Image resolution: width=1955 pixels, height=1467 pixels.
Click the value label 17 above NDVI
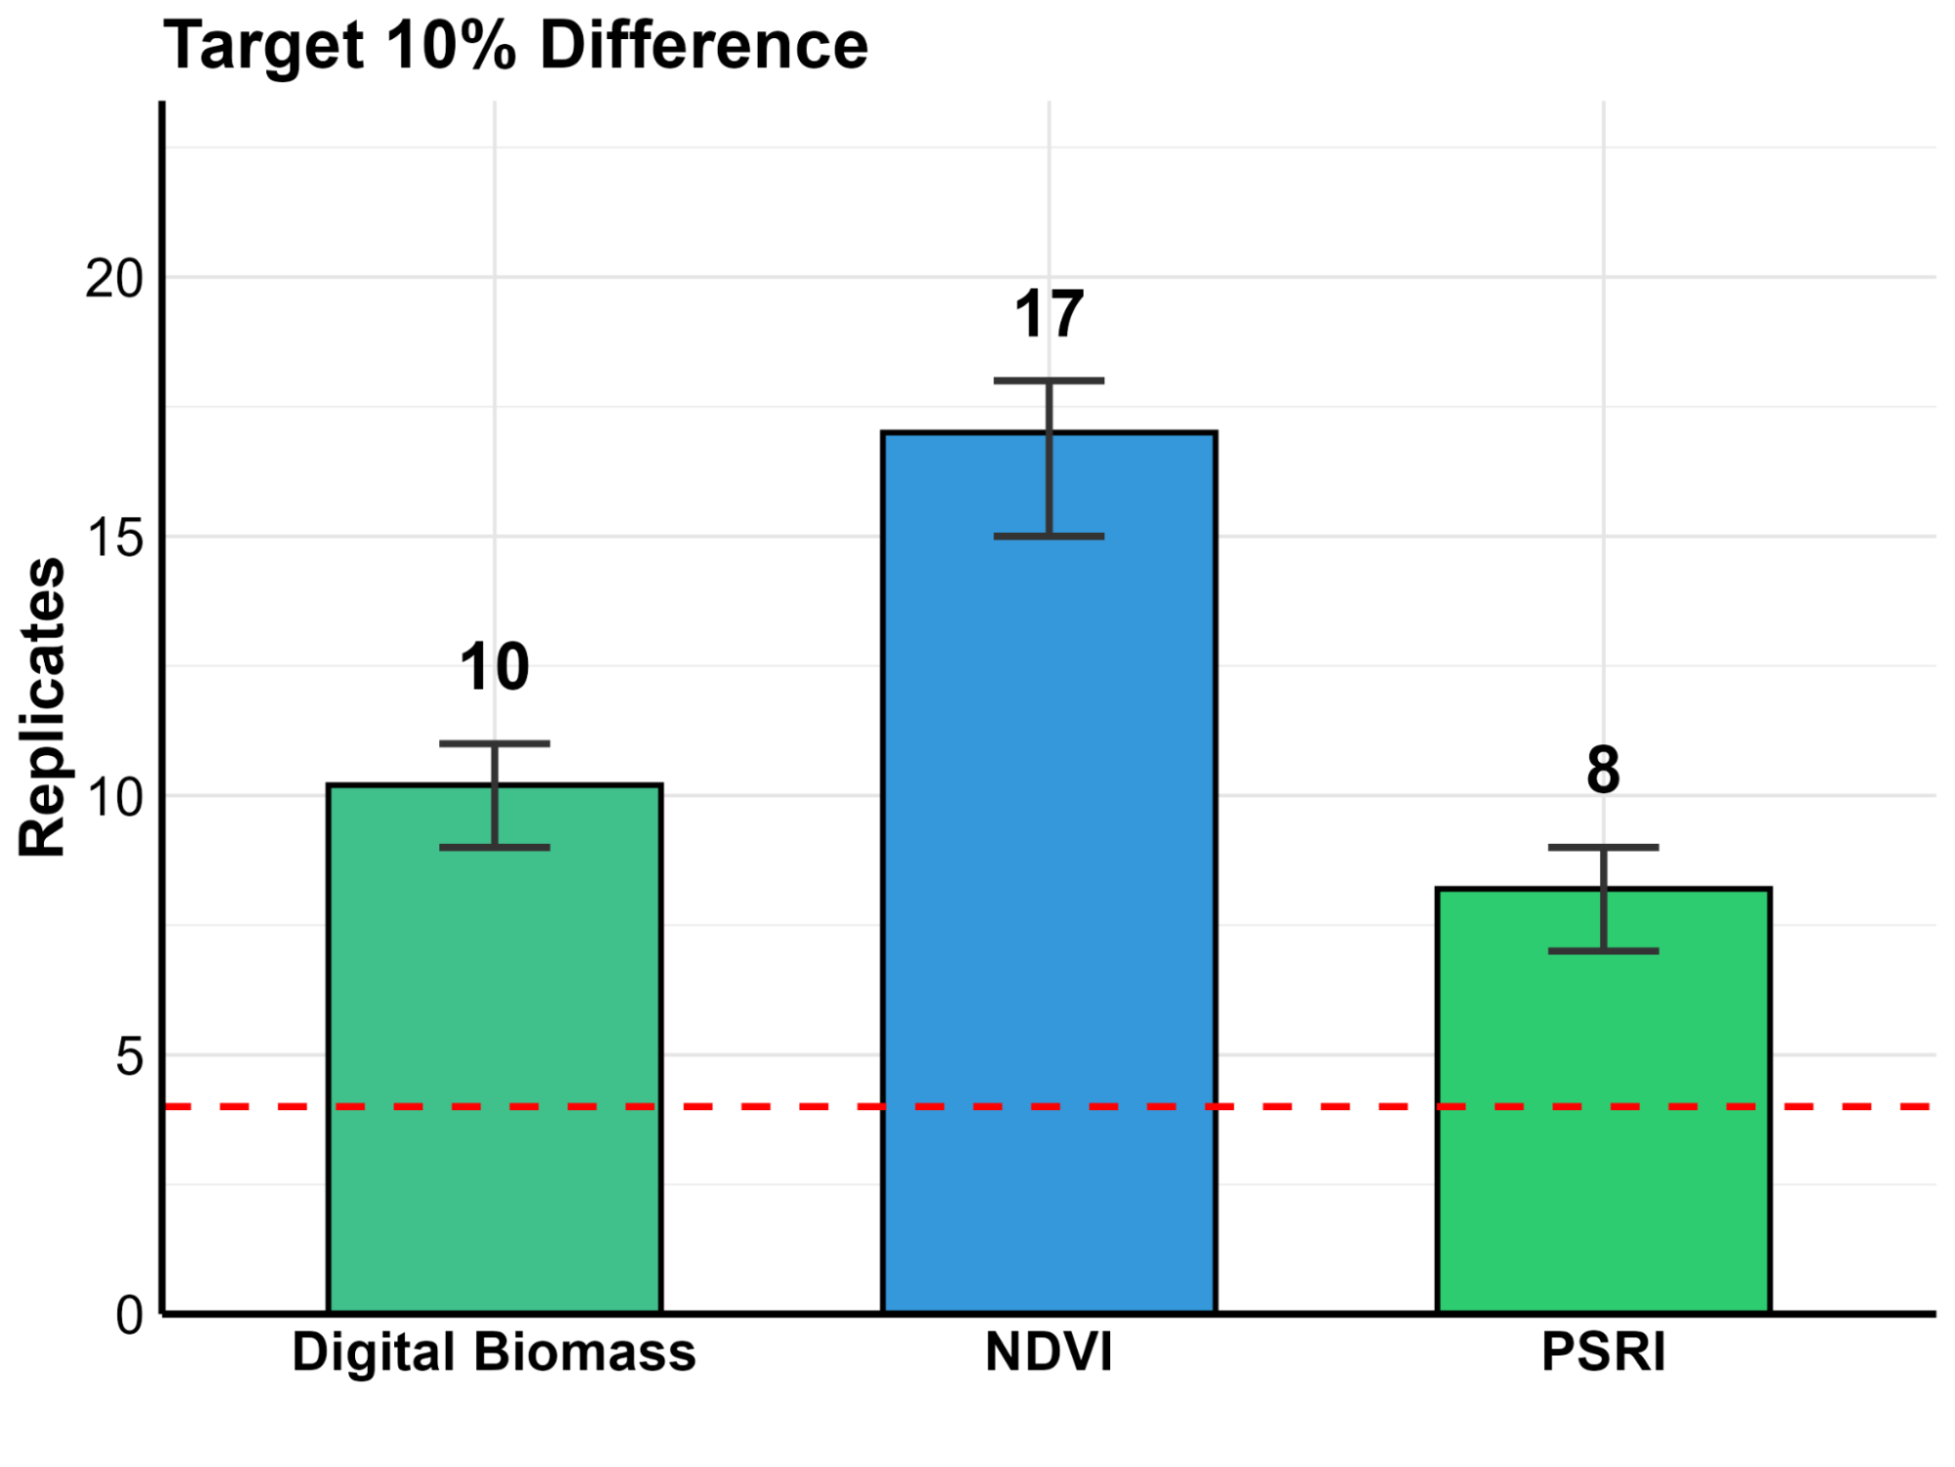point(1048,315)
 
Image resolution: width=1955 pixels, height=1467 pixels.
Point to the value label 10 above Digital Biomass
point(495,668)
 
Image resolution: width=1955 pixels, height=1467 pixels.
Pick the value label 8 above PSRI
point(1603,771)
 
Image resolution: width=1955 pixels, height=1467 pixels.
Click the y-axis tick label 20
point(114,280)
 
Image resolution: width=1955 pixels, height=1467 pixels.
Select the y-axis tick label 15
point(114,538)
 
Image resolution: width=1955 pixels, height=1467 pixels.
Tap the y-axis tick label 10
point(114,797)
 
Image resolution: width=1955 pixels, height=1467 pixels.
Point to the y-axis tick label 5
point(129,1056)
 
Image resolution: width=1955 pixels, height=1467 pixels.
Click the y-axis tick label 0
point(129,1315)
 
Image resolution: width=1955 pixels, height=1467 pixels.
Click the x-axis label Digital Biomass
point(494,1353)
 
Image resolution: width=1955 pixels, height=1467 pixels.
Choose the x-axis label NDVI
point(1048,1353)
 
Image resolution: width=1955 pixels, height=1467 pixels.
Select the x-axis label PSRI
point(1603,1353)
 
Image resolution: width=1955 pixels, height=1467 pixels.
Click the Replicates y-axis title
point(42,707)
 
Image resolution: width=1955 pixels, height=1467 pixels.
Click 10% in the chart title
point(451,46)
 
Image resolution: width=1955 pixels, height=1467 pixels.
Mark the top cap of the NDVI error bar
point(1048,380)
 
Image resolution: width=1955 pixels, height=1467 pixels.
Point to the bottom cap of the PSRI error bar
point(1603,951)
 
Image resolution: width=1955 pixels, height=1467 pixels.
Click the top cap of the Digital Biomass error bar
point(495,744)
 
